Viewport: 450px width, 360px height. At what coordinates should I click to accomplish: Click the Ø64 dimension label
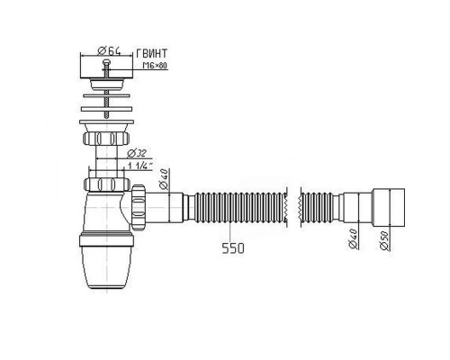pos(109,51)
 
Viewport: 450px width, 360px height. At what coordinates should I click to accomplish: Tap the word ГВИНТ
pos(151,53)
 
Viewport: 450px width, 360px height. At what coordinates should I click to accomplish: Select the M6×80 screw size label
pos(155,66)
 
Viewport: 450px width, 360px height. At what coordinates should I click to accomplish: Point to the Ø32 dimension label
pos(137,153)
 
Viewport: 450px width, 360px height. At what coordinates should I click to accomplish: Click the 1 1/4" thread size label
pos(140,166)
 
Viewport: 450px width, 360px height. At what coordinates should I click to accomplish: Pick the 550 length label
pos(233,248)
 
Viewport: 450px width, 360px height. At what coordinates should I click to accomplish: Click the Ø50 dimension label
pos(384,241)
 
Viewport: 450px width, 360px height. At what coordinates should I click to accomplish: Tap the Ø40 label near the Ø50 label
pos(354,238)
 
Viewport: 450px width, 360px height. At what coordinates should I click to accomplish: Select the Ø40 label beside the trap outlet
pos(164,179)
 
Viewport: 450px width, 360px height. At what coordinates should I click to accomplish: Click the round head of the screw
pos(106,62)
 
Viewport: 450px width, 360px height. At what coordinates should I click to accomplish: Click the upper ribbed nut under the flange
pos(106,139)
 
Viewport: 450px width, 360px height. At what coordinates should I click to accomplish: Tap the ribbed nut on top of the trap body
pos(107,184)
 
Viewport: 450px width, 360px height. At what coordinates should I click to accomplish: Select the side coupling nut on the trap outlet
pos(139,208)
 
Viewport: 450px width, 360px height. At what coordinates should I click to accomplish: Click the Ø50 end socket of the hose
pos(389,208)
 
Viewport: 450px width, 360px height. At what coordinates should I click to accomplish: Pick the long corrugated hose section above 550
pos(240,208)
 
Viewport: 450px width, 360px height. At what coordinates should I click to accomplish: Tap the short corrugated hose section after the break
pos(317,208)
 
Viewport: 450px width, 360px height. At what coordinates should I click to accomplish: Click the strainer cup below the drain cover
pos(107,85)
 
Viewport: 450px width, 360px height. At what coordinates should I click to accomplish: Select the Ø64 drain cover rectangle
pos(106,67)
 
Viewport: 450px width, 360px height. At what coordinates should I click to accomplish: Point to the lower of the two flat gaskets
pos(106,109)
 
